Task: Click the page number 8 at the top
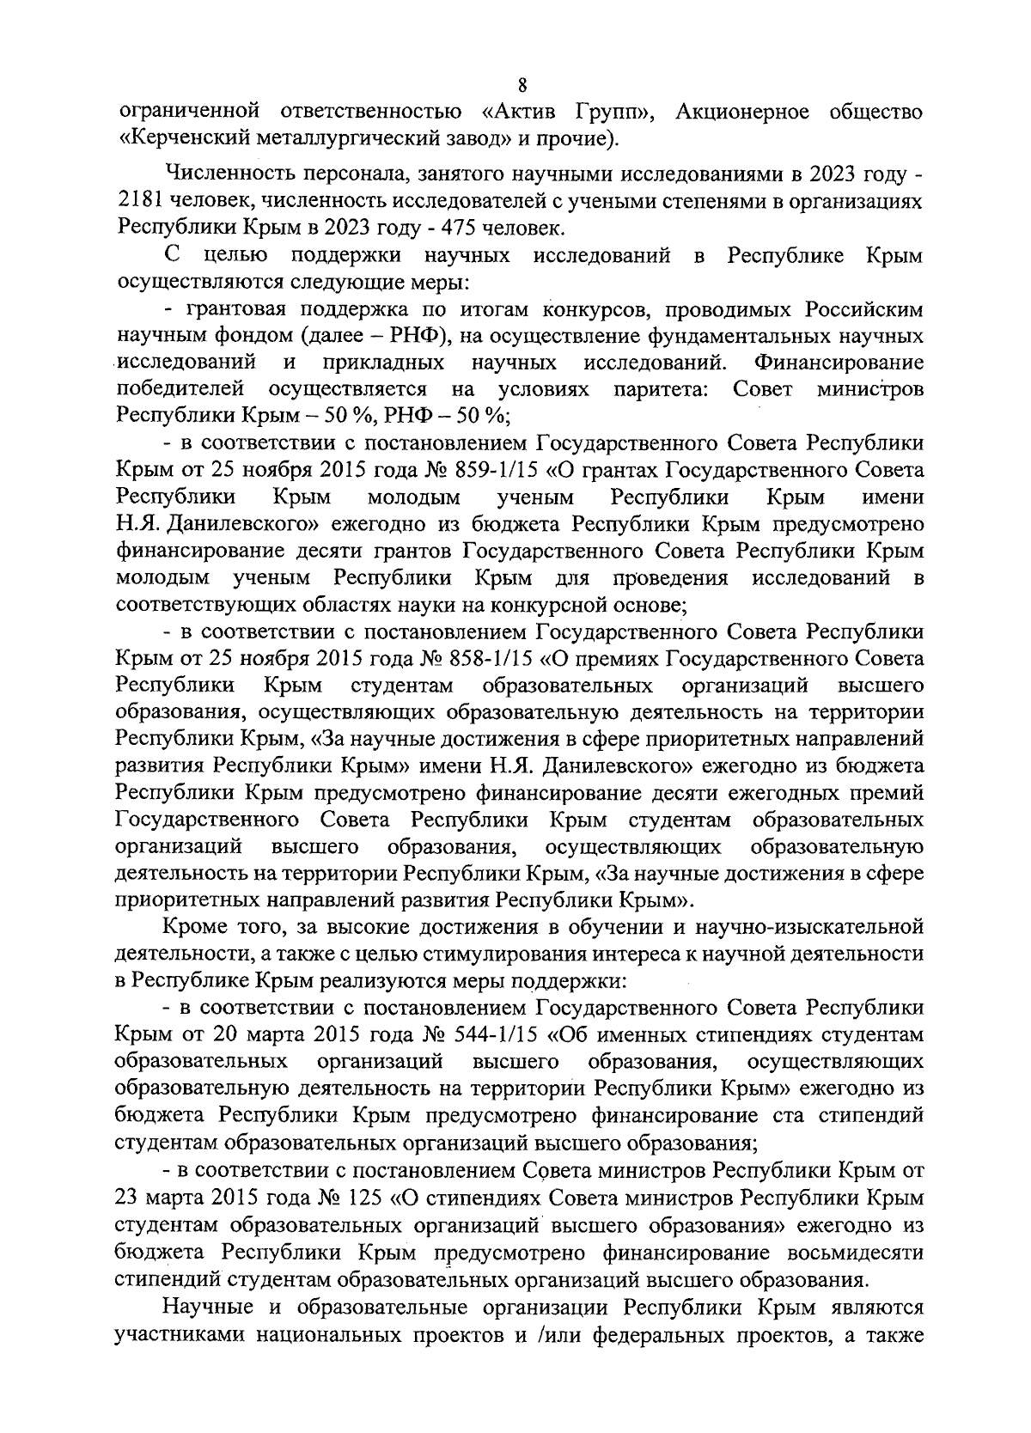point(522,86)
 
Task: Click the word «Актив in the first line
point(522,112)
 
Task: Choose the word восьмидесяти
point(843,1252)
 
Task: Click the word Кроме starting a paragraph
point(191,927)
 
